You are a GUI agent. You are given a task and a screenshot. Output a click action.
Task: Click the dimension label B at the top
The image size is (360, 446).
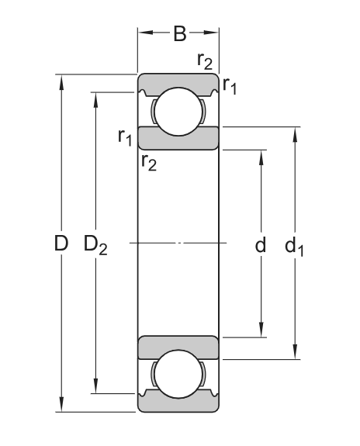coord(179,33)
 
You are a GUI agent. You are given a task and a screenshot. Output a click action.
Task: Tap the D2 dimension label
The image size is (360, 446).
coord(95,244)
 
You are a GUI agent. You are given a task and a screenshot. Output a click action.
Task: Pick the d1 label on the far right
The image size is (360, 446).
coord(295,246)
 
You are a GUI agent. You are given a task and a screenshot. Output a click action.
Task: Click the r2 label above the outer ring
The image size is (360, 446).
coord(205,61)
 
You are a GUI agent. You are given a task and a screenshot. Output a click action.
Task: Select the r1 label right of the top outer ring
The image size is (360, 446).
coord(230,85)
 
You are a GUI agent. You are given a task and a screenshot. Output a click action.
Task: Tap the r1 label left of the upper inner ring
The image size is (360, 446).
coord(125,137)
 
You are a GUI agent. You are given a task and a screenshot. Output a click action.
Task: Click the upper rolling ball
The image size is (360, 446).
coord(178,111)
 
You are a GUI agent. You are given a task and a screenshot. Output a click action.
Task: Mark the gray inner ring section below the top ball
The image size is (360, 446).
coord(178,137)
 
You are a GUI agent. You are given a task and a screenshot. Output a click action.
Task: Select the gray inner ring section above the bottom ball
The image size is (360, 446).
coord(178,348)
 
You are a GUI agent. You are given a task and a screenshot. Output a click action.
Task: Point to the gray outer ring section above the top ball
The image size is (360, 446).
coord(178,81)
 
